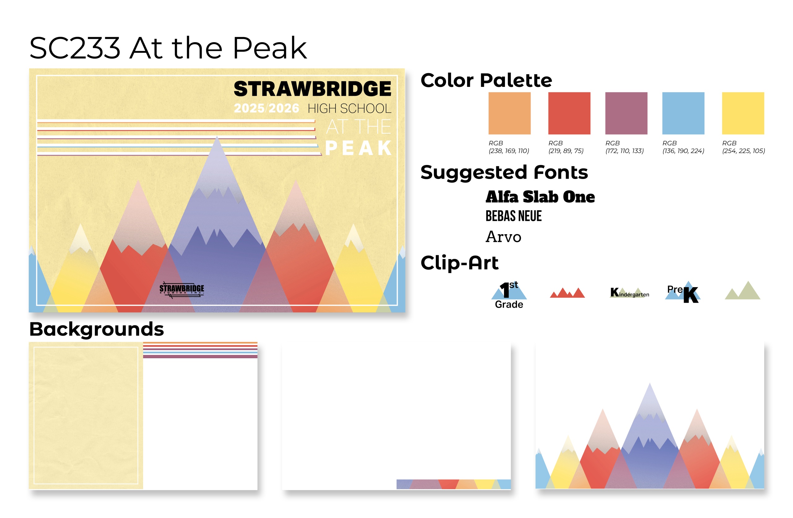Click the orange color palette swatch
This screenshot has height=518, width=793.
(x=510, y=114)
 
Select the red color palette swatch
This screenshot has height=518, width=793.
(x=569, y=114)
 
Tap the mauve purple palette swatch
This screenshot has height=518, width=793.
(x=626, y=114)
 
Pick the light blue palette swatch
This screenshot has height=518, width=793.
(x=683, y=114)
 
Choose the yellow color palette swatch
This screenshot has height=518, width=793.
(x=743, y=114)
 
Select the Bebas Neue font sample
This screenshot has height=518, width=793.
(x=514, y=216)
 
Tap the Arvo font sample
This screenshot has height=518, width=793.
(x=503, y=237)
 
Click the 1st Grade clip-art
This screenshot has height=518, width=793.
(x=509, y=295)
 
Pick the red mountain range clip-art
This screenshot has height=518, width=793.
(x=567, y=292)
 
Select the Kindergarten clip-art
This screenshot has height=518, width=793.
(x=629, y=292)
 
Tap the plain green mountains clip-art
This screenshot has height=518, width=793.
(x=743, y=290)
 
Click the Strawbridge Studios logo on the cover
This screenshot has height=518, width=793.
(x=182, y=289)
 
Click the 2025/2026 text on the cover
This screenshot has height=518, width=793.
(x=267, y=108)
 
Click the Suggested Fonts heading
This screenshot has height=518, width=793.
(x=504, y=172)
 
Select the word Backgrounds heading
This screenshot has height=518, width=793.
(x=97, y=329)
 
